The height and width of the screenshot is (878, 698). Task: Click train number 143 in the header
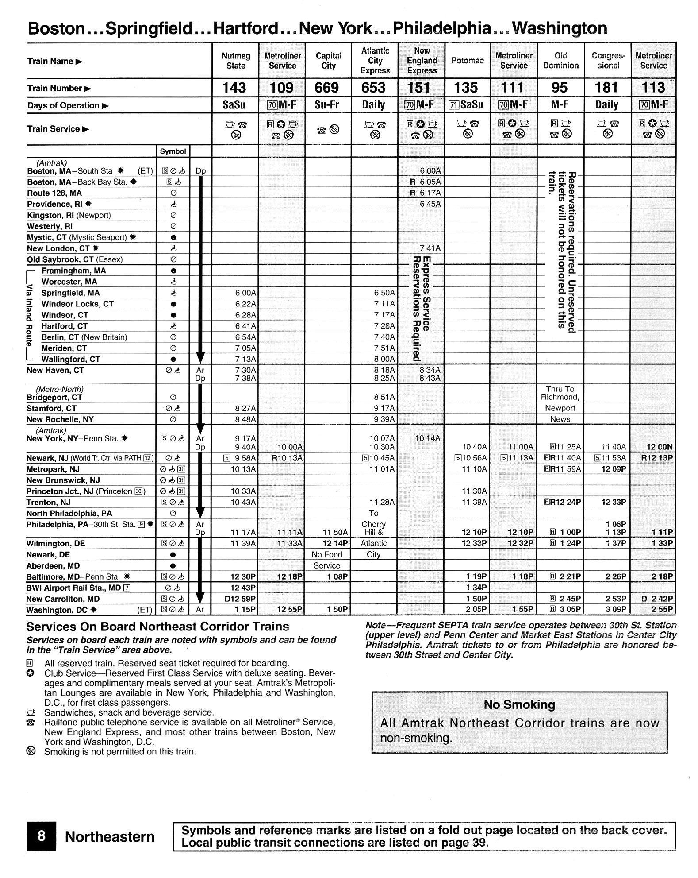point(234,88)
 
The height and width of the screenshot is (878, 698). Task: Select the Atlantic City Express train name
point(375,61)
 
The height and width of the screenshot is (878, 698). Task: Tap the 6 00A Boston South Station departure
point(430,171)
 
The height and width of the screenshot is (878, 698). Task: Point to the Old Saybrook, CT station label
point(75,259)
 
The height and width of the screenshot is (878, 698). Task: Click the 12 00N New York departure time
point(659,447)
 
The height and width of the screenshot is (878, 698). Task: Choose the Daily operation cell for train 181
point(606,105)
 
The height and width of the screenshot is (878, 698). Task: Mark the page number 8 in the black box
point(41,836)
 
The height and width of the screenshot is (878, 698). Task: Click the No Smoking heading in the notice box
point(519,704)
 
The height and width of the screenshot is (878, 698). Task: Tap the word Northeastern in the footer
point(110,837)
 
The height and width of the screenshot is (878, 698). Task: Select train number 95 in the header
point(560,88)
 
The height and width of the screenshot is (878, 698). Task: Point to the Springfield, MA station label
point(70,293)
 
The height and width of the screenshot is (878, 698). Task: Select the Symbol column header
point(173,151)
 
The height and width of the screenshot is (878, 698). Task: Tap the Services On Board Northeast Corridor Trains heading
point(157,627)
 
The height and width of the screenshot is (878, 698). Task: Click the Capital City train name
point(328,61)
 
